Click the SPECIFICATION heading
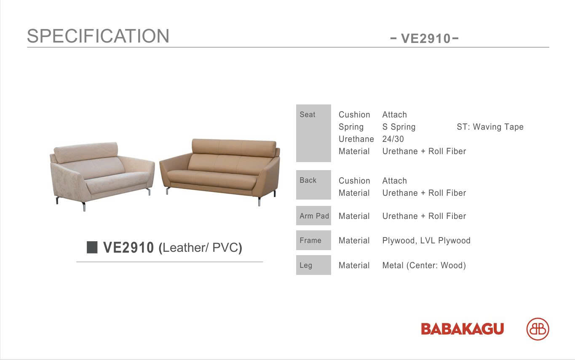point(98,36)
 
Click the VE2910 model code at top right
point(425,39)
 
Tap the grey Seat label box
point(313,133)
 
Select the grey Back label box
point(313,185)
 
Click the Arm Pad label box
point(313,216)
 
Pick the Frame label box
point(313,240)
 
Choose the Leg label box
point(313,265)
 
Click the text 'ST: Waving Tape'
point(490,127)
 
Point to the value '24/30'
point(393,139)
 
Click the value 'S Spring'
point(398,127)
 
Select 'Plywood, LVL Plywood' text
point(426,240)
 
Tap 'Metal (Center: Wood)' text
point(424,265)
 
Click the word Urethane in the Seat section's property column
point(356,139)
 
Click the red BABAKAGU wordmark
point(462,329)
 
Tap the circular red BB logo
point(538,329)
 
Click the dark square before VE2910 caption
point(92,247)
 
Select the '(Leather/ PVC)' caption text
point(201,248)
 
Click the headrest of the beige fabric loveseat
point(86,150)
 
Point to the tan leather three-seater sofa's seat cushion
point(211,177)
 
